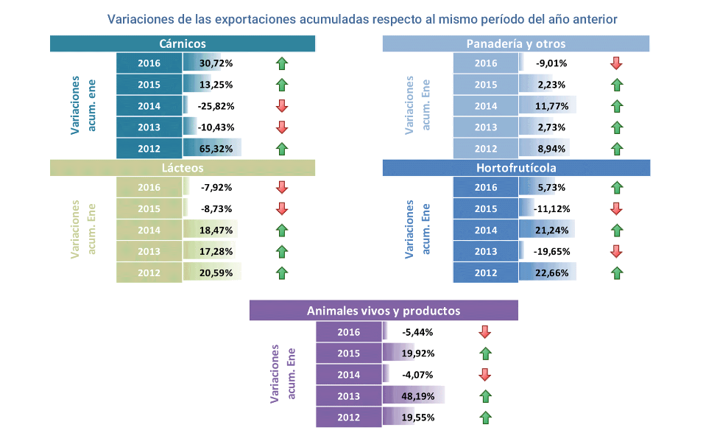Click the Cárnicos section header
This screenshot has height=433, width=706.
182,44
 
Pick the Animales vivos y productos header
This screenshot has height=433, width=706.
384,311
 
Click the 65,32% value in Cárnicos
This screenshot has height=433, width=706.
216,149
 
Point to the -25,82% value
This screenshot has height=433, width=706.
215,106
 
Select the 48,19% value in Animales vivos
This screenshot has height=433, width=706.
417,396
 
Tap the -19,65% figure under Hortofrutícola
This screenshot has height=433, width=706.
551,252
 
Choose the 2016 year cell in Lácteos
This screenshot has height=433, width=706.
149,187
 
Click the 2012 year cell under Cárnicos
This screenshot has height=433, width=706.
149,149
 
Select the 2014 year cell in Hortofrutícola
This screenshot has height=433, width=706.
485,230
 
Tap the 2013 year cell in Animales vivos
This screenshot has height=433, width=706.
348,396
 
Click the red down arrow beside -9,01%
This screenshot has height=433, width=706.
617,63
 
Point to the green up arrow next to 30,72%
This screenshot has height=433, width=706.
281,63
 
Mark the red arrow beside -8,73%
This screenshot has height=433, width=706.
281,208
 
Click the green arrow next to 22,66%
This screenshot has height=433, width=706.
617,273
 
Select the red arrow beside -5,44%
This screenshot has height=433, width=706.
484,331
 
